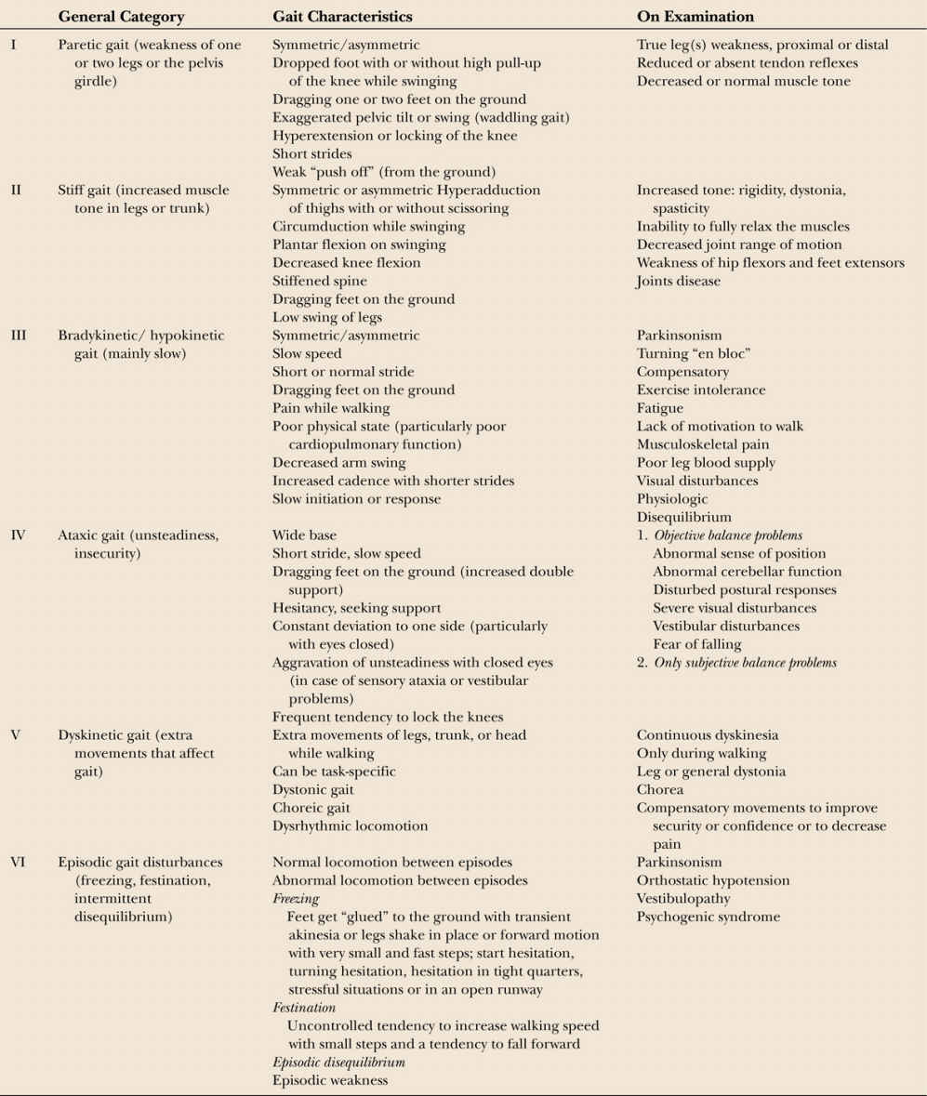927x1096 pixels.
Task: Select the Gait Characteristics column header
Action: (342, 17)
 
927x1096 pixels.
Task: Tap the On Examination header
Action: (695, 17)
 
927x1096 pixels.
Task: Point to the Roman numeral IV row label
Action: (18, 535)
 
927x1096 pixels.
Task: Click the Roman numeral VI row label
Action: (18, 862)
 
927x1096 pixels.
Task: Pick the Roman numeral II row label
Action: (16, 190)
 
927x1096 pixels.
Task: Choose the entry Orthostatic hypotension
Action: (713, 880)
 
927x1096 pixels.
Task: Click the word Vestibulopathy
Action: (683, 899)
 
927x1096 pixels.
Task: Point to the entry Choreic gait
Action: (311, 808)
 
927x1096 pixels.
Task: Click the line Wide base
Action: (305, 535)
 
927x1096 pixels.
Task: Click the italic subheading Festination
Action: (304, 1008)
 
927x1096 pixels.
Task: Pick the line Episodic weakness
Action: (330, 1080)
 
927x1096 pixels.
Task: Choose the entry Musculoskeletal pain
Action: (703, 444)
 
